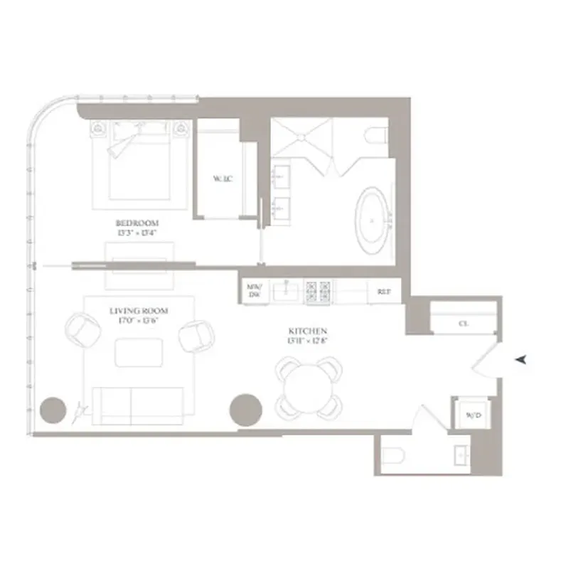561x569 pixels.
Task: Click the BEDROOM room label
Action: click(137, 223)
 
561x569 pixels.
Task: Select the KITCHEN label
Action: click(307, 331)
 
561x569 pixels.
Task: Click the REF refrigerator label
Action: click(383, 290)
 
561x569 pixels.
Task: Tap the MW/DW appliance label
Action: click(254, 290)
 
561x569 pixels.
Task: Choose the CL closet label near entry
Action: click(463, 323)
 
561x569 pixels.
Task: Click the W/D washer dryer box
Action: click(469, 414)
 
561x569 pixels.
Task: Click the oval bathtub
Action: click(372, 221)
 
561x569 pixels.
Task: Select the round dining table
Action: click(309, 387)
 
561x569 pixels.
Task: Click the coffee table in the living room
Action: click(139, 353)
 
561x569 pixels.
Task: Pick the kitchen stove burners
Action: click(318, 290)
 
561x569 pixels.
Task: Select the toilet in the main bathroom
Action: click(375, 135)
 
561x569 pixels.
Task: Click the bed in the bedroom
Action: click(139, 162)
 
